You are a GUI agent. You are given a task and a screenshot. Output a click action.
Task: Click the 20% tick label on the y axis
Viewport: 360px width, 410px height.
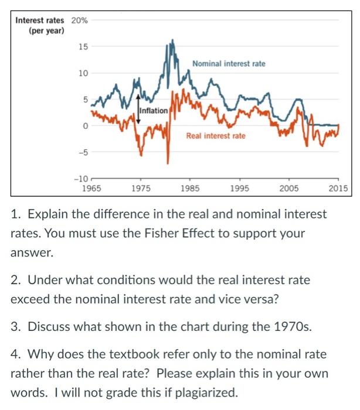[x=80, y=20]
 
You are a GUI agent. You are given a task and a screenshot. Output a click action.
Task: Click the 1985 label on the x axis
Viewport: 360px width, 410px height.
[x=190, y=189]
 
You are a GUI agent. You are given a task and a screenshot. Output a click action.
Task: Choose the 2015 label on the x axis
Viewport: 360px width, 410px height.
[x=338, y=189]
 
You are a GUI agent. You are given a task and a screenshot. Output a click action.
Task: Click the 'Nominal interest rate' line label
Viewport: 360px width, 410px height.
[x=228, y=63]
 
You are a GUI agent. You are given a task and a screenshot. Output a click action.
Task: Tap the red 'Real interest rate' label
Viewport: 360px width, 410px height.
[x=216, y=136]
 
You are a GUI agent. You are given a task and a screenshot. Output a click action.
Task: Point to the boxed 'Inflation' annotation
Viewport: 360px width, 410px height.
[x=154, y=110]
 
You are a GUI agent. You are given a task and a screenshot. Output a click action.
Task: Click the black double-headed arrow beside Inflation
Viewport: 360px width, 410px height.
[x=138, y=108]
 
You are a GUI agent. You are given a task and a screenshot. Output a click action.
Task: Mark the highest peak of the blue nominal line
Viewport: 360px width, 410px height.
[x=172, y=40]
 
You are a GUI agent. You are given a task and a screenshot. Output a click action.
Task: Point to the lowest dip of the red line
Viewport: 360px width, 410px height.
[x=168, y=163]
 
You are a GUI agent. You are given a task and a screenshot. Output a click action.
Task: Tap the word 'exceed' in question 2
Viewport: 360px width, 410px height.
[x=28, y=299]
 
